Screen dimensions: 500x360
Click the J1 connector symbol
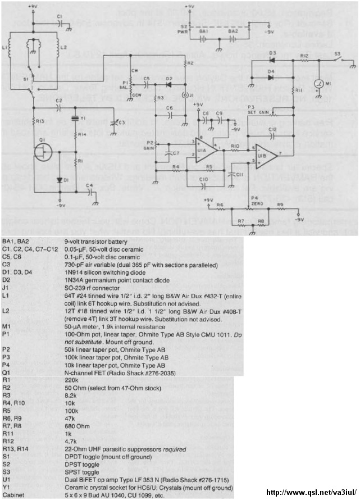pyautogui.click(x=186, y=95)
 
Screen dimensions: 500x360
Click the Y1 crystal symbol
pyautogui.click(x=74, y=119)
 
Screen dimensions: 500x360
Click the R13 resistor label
pyautogui.click(x=39, y=121)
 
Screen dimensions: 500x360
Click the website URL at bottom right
pyautogui.click(x=311, y=493)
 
